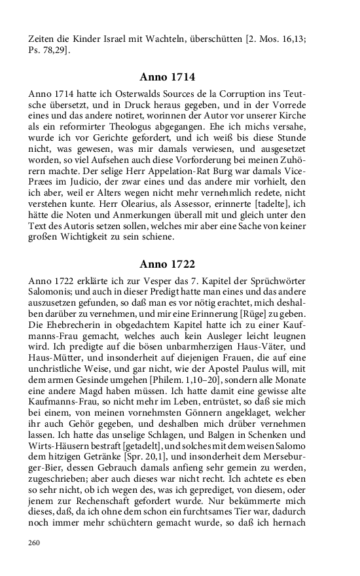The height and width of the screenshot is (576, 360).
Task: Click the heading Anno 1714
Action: pos(167,77)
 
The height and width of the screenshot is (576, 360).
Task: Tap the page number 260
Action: pos(35,543)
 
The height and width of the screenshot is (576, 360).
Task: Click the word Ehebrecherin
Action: pos(70,327)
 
